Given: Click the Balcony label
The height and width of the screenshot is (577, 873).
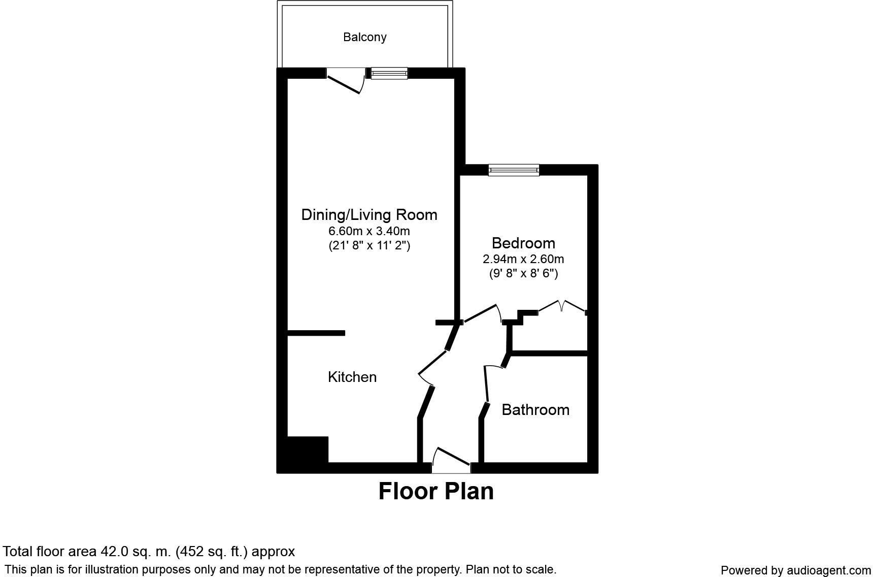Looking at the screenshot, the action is (x=364, y=37).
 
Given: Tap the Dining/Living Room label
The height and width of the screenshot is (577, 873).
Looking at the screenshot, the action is (x=369, y=215).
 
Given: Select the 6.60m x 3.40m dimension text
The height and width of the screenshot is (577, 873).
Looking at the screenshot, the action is (x=369, y=231).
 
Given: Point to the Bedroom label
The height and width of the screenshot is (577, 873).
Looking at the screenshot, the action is (x=523, y=243).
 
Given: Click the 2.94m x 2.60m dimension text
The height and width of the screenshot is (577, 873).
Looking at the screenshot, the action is (x=523, y=259).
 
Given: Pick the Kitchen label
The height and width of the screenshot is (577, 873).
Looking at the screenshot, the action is (x=352, y=377).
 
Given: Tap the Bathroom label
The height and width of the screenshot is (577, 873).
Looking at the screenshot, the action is (x=535, y=410).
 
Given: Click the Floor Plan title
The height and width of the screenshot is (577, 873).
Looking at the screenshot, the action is (x=436, y=491).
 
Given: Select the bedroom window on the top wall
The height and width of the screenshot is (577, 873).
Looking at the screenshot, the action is (x=514, y=170).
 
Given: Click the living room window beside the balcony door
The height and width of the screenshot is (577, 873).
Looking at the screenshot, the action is (x=389, y=74).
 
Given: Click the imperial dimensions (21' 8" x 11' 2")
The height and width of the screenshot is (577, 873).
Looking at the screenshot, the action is (x=369, y=246).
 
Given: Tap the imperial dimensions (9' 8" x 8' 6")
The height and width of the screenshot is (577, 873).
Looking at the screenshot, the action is (x=523, y=274).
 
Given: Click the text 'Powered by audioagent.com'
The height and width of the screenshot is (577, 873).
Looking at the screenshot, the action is (x=795, y=570).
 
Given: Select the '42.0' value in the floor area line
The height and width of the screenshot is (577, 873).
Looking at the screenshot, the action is (x=111, y=552).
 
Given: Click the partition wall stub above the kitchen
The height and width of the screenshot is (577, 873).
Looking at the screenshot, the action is (x=316, y=333).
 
